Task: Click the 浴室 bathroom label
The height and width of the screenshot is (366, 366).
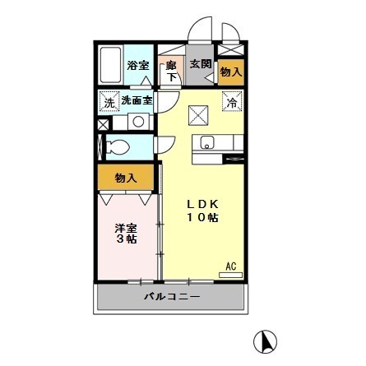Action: (x=137, y=65)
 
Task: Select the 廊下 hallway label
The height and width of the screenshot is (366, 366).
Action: (x=172, y=70)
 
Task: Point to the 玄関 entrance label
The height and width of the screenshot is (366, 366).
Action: (x=200, y=63)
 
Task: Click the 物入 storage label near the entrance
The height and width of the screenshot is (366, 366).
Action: (x=231, y=72)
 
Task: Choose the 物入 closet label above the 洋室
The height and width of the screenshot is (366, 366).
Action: (x=125, y=178)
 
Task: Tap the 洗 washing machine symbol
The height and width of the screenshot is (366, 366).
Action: (x=109, y=102)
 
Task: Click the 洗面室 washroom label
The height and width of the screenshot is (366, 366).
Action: (x=137, y=101)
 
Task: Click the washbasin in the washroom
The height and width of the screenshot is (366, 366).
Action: (x=138, y=122)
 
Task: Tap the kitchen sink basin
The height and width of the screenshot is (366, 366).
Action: (x=206, y=141)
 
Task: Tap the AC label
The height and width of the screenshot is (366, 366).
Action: (x=231, y=266)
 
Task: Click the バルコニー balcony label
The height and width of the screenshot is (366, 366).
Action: (x=171, y=297)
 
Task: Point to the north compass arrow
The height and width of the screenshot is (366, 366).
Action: (x=267, y=341)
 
